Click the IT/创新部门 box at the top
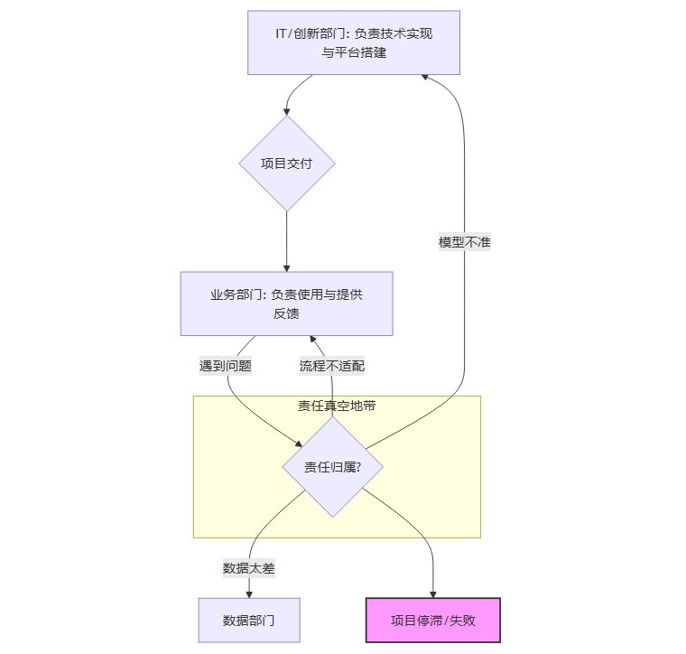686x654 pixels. [354, 42]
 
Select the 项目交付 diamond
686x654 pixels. [287, 163]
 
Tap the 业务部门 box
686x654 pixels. [286, 304]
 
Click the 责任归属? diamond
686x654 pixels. [333, 467]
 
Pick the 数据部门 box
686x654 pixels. [248, 621]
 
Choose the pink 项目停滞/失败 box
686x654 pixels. [432, 621]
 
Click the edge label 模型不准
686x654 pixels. [464, 242]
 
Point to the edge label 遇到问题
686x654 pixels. [225, 366]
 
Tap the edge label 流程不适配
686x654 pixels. [332, 366]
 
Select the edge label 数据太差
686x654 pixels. [248, 568]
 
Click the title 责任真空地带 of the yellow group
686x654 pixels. [337, 406]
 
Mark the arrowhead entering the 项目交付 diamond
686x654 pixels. [287, 110]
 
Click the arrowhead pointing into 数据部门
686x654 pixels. [248, 593]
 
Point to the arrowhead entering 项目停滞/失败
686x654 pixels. [433, 593]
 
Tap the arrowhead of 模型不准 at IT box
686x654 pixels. [426, 79]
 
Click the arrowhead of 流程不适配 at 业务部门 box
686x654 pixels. [312, 341]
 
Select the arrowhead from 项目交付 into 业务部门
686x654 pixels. [287, 266]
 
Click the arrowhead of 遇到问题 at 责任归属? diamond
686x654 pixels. [299, 443]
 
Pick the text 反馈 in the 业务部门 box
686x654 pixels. [286, 313]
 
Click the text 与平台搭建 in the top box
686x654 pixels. [354, 52]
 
